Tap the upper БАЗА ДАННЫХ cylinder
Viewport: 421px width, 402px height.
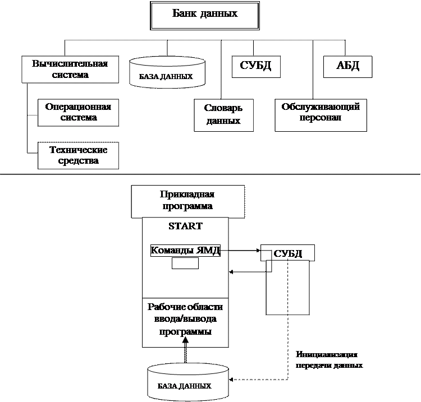167,72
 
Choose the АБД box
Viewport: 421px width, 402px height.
347,66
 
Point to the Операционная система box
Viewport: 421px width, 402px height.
79,112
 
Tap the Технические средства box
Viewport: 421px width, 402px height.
79,155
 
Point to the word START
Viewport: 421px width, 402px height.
185,227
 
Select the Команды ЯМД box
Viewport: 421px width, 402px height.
185,251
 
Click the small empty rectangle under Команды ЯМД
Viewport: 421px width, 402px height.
185,264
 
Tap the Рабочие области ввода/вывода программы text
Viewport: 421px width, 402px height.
185,320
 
